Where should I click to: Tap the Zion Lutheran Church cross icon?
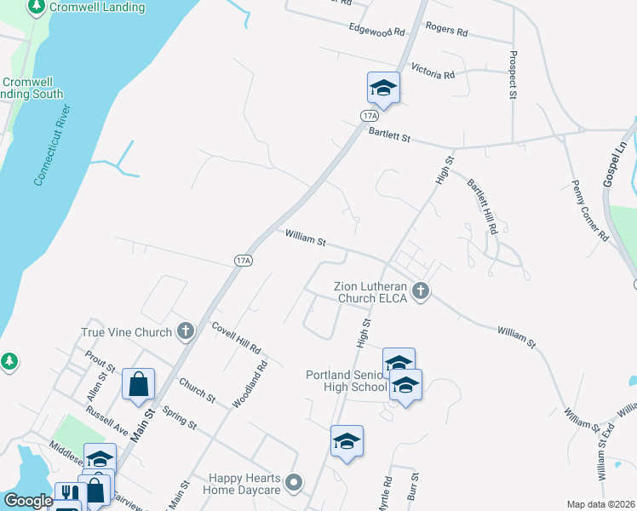click(420, 292)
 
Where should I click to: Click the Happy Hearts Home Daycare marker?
click(294, 483)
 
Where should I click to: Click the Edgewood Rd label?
click(376, 30)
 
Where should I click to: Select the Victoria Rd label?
click(433, 71)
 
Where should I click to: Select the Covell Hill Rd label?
click(236, 338)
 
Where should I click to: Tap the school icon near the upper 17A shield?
click(383, 88)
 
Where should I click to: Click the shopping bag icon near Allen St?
click(138, 384)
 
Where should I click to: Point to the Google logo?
click(28, 501)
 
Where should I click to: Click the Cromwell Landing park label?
click(71, 7)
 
